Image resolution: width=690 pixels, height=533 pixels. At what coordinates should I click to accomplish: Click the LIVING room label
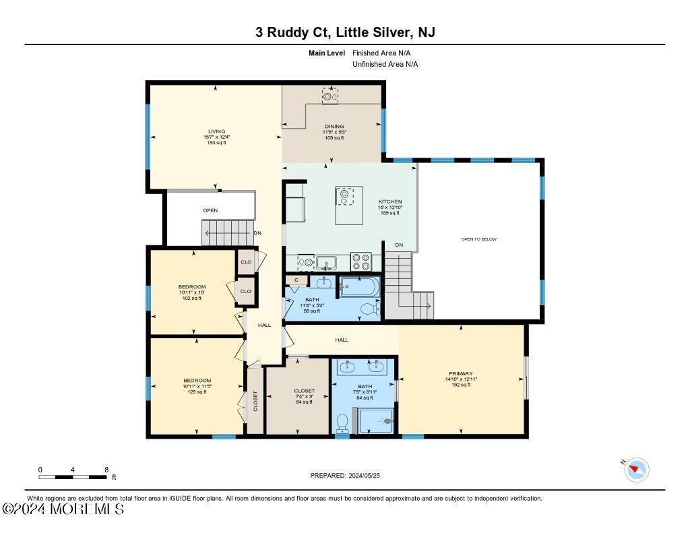click(x=216, y=131)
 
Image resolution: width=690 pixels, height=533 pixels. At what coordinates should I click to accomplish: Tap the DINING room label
click(x=334, y=127)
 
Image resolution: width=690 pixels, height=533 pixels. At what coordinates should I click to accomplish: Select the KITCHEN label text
click(x=389, y=201)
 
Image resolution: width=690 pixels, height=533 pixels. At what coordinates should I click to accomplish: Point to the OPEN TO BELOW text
click(x=479, y=239)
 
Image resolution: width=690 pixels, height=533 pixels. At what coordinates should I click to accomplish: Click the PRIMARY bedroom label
click(x=461, y=373)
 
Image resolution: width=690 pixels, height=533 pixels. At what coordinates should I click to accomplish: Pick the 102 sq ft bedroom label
click(x=192, y=287)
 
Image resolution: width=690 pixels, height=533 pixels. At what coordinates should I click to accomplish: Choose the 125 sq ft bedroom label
click(x=197, y=381)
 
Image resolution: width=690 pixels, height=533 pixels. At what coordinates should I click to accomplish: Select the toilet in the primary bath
click(x=342, y=422)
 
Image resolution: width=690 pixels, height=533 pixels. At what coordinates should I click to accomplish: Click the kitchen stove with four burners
click(x=361, y=260)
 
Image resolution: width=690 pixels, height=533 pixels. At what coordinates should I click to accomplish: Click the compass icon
click(x=637, y=469)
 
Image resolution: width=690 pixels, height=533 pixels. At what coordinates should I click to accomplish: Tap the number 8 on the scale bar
click(x=106, y=469)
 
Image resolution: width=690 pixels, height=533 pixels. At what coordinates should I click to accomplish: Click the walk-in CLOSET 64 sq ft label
click(x=305, y=391)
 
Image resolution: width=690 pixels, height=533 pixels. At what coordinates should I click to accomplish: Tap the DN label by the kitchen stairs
click(x=398, y=245)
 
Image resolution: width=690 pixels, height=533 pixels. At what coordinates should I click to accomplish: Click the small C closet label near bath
click(x=296, y=279)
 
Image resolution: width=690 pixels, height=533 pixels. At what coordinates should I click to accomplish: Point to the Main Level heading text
click(x=327, y=53)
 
